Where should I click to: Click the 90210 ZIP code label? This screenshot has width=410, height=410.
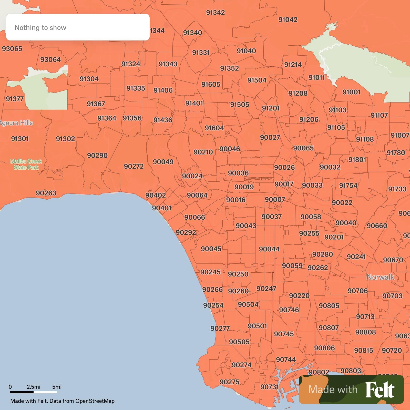pos(203,152)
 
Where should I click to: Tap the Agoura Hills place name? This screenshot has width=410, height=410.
pos(16,123)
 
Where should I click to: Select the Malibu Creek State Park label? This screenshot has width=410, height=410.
pos(26,164)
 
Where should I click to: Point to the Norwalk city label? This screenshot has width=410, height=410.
pos(380,277)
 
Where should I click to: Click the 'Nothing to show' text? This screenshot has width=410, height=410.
pos(40,28)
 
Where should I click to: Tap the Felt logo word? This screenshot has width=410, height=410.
pos(380,390)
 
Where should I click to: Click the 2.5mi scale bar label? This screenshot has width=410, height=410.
pos(33,387)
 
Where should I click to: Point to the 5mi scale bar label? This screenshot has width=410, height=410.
pos(57,387)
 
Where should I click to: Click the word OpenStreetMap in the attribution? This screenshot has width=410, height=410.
pos(95,401)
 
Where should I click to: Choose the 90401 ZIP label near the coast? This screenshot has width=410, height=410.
pos(161,208)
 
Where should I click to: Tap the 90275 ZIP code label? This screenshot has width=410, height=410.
pos(229,382)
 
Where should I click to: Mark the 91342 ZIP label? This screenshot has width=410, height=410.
pos(215,12)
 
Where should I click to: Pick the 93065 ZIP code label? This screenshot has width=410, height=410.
pos(12,48)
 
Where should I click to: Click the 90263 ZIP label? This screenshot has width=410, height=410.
pos(46,193)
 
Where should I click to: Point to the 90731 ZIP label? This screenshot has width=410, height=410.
pos(269,387)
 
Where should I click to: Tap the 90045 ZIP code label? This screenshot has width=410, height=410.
pos(211,249)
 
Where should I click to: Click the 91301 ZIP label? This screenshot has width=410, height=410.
pos(20,139)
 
